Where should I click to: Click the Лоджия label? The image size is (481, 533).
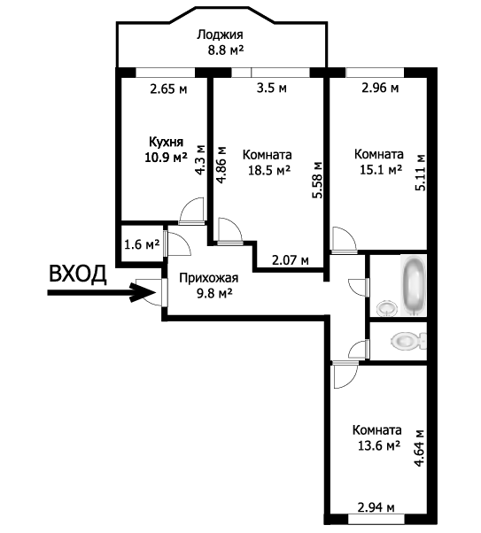point(220,35)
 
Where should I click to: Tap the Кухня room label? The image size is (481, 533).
point(166,142)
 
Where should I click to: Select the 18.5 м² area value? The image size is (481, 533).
point(268,170)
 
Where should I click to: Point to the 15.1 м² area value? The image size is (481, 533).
point(381,169)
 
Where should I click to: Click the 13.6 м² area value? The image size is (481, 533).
point(378,445)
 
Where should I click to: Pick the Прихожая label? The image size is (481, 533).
point(209,278)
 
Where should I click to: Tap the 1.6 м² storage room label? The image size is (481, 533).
point(142,244)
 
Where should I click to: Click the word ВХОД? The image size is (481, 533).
point(78,274)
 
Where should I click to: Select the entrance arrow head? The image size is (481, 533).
point(143,292)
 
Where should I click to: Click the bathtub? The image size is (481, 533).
point(414,285)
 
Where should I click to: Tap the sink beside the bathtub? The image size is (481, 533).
point(387,308)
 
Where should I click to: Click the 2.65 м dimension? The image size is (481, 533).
point(168,89)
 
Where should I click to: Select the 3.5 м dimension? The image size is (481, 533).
point(271,88)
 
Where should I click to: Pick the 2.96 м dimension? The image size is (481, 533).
point(380,88)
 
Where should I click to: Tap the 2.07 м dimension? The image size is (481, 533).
point(291,260)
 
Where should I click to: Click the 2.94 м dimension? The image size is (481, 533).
point(376,508)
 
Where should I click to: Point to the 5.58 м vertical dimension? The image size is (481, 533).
point(317,180)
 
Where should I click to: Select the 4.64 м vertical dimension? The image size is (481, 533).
point(421,448)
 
